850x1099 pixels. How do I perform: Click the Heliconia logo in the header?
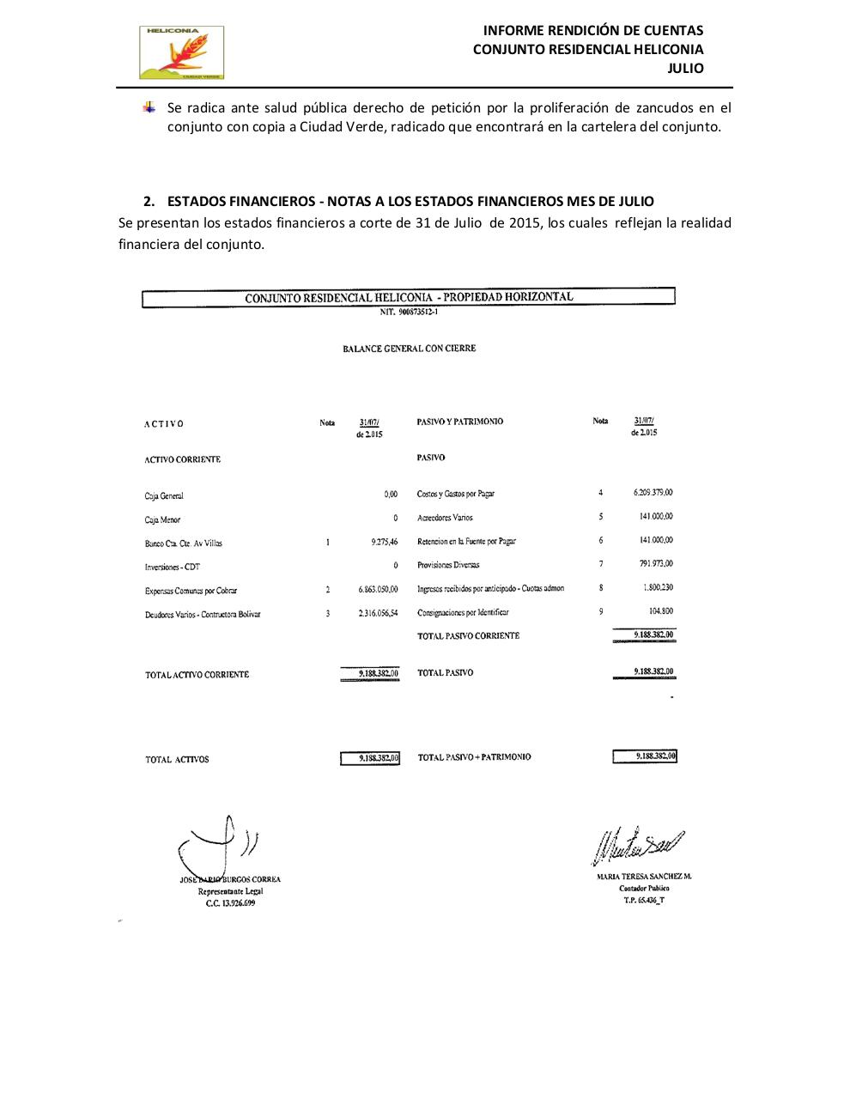click(181, 53)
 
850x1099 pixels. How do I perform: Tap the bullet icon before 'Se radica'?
click(150, 108)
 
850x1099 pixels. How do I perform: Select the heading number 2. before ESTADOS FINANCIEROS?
click(149, 201)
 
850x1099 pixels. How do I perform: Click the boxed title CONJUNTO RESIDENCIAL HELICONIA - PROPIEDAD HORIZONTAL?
click(409, 297)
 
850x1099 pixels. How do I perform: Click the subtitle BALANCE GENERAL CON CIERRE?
click(409, 349)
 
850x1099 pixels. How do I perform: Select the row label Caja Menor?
click(162, 519)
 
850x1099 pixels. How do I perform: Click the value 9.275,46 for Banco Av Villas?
click(378, 543)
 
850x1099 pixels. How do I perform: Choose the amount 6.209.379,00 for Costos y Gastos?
click(653, 493)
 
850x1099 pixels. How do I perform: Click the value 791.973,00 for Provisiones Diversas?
click(653, 564)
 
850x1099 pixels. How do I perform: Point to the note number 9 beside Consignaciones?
click(601, 611)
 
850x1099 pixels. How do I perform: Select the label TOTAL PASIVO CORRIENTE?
click(468, 636)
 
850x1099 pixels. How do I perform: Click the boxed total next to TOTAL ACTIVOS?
click(370, 758)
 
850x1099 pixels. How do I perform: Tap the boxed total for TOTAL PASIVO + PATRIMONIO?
click(645, 756)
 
